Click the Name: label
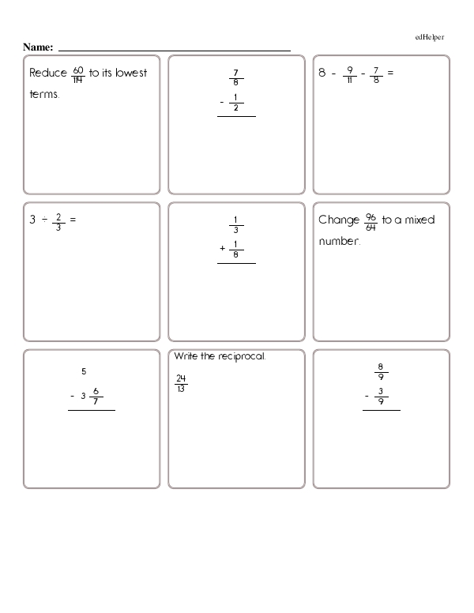click(x=38, y=48)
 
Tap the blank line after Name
click(x=174, y=50)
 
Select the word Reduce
click(x=48, y=73)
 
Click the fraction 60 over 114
click(x=77, y=73)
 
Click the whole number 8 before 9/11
click(x=322, y=73)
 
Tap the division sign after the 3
click(x=43, y=220)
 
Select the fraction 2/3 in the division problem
click(x=58, y=220)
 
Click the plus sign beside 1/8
click(x=223, y=250)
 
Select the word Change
click(x=339, y=220)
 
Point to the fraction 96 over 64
click(x=371, y=220)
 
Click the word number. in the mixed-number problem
click(x=340, y=241)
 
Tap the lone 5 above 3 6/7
click(x=83, y=371)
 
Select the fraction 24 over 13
click(x=181, y=382)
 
